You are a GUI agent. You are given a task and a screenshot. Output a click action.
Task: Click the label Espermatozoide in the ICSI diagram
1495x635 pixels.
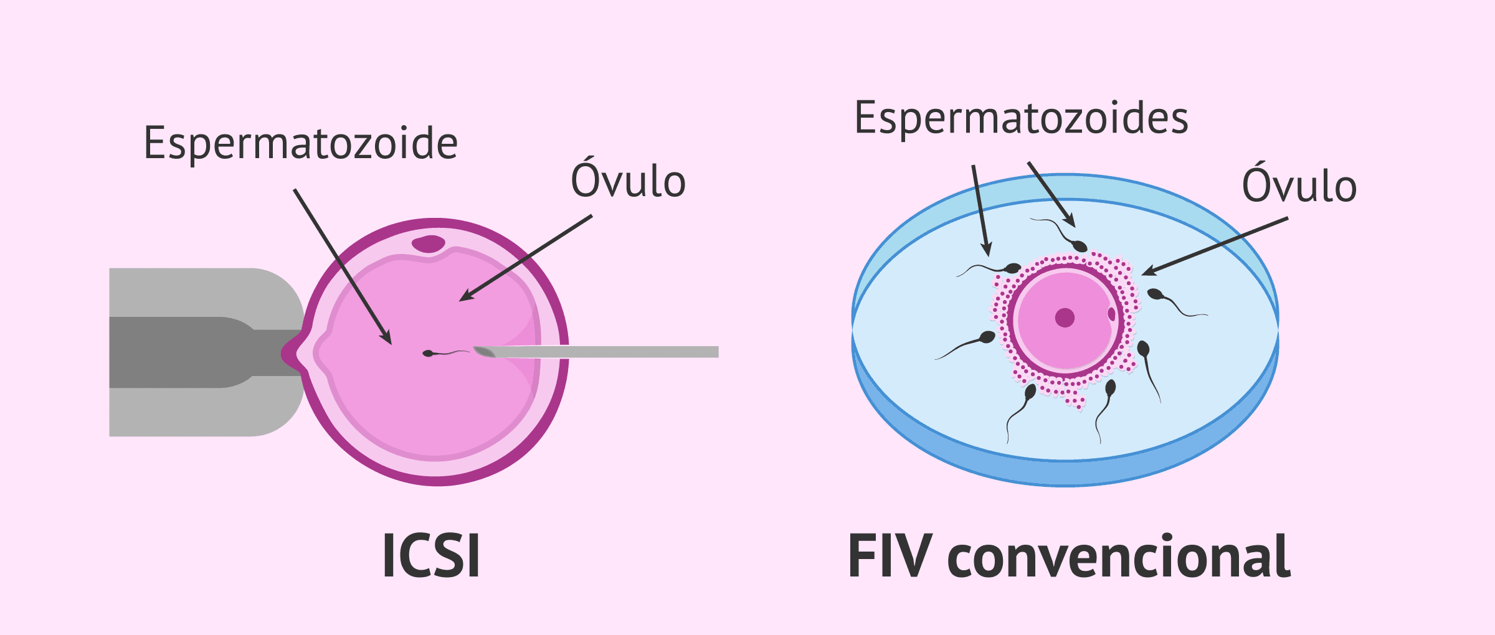coord(300,144)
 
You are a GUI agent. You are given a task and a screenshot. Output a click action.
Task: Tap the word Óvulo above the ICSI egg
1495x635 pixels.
coord(628,181)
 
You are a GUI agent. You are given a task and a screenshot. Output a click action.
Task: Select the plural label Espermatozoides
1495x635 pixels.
coord(1021,118)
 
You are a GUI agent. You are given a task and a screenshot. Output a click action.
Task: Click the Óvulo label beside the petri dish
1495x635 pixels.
coord(1299,186)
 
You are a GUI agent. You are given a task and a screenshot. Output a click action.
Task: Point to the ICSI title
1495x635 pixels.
coord(431,556)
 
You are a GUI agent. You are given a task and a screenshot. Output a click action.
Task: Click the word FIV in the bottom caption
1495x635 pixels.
coord(890,556)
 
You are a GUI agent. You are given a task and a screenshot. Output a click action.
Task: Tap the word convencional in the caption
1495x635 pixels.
coord(1119,557)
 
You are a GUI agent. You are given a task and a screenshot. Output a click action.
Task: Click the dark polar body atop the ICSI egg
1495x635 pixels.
coord(429,243)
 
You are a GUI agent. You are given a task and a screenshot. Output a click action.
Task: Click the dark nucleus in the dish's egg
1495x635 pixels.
coord(1065,317)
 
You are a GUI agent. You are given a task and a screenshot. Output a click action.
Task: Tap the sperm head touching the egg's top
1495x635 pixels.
coord(1080,247)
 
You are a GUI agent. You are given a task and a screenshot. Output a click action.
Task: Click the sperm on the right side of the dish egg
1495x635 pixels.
coord(1156,294)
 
